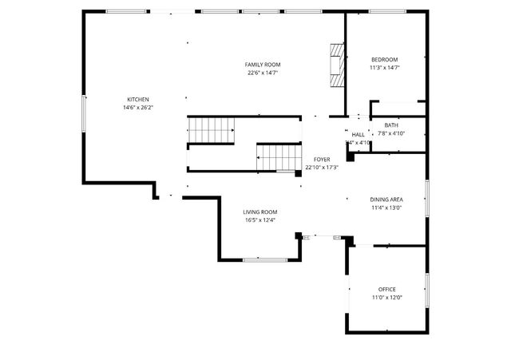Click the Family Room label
point(263,65)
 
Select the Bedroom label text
point(383,60)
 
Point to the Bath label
point(391,125)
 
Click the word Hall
point(358,134)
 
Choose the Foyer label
point(322,160)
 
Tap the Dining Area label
point(386,200)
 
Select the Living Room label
point(260,212)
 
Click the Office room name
point(386,289)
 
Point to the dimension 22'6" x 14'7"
point(263,73)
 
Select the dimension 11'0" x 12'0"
point(386,297)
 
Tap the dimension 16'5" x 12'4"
point(260,220)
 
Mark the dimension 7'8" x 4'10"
point(391,133)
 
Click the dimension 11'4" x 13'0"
point(386,208)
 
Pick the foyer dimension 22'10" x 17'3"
point(322,168)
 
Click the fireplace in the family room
point(339,64)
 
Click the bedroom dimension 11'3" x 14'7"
point(383,68)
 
